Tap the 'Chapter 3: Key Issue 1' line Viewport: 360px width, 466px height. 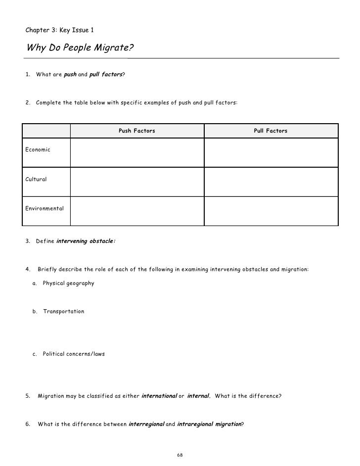click(x=59, y=30)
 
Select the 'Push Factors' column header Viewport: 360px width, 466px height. click(x=137, y=131)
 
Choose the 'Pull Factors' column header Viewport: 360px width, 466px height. click(x=270, y=131)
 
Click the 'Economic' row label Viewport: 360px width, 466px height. click(x=38, y=149)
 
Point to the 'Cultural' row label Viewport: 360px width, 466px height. click(x=36, y=179)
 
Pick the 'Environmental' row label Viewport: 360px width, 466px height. click(x=45, y=208)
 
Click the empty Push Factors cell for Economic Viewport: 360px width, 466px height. click(x=137, y=152)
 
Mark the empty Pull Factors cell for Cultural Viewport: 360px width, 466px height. click(x=271, y=182)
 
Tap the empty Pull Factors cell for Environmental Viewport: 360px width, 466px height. click(x=271, y=211)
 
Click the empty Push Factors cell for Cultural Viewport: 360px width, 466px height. click(x=137, y=182)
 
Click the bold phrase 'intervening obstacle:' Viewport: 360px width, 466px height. click(x=86, y=241)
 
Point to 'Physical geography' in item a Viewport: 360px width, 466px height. click(x=68, y=283)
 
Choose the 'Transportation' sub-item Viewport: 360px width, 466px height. click(x=63, y=312)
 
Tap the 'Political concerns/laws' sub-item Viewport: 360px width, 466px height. click(x=74, y=354)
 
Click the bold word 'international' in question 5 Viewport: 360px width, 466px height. click(x=159, y=396)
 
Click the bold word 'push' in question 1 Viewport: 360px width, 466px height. click(x=70, y=74)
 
